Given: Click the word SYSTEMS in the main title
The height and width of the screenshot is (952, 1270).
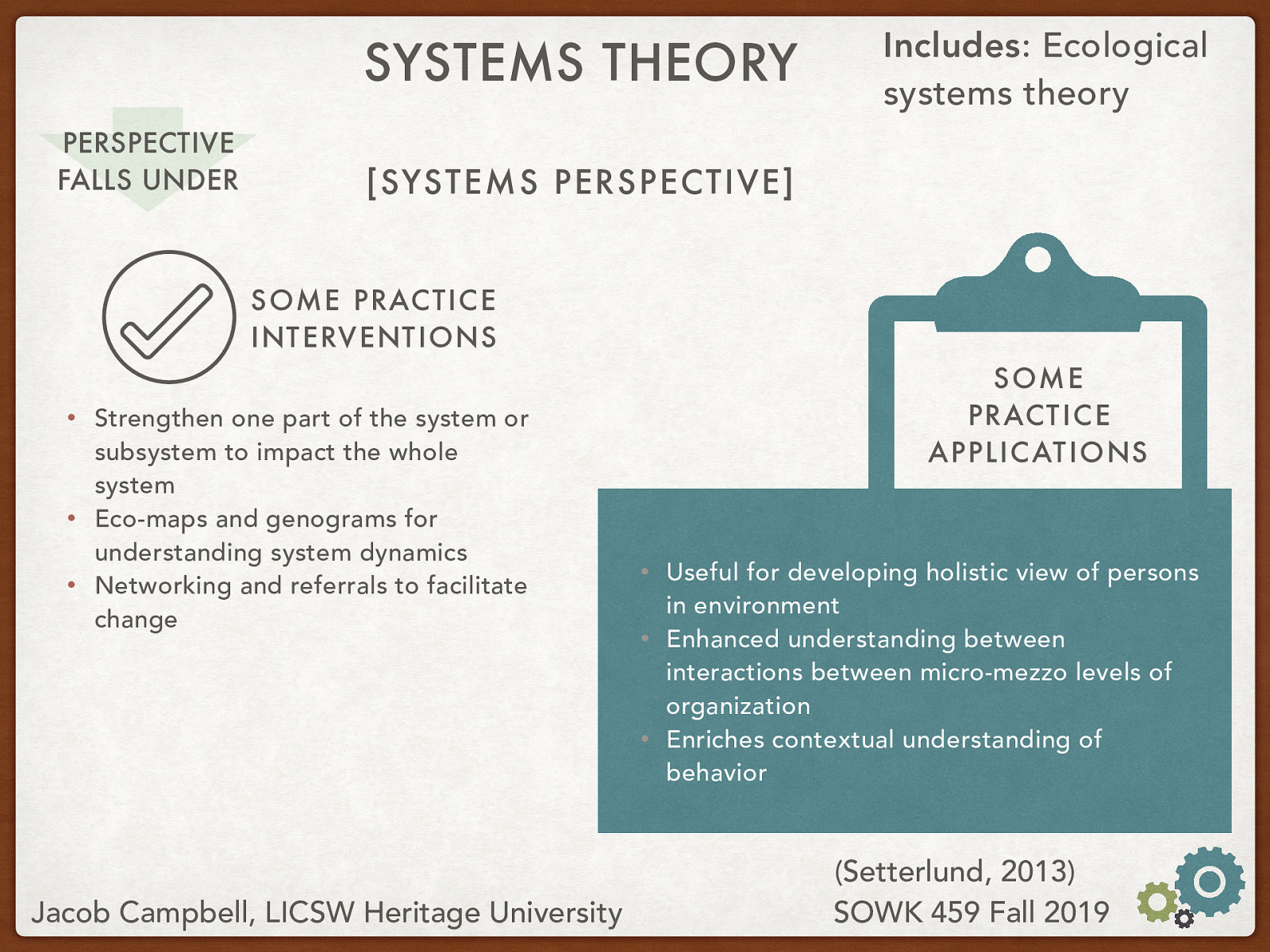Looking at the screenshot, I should click(474, 63).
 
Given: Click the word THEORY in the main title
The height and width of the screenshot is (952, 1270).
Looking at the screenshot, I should click(699, 63).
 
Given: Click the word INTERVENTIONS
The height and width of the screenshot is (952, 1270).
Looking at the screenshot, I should click(374, 338).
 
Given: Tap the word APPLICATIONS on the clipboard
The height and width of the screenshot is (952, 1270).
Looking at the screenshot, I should click(1038, 452).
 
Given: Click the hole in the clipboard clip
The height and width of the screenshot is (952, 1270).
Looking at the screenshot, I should click(1037, 259).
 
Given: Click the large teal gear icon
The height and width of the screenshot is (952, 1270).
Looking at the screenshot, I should click(1209, 881).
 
